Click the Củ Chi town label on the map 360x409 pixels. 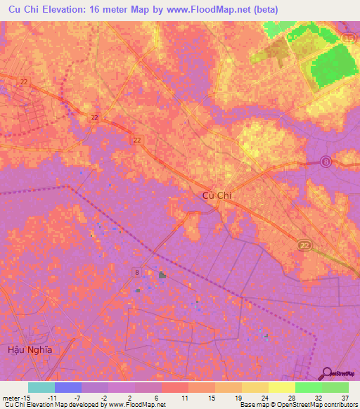coord(217,196)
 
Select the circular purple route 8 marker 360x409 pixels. coord(326,162)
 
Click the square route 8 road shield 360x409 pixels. coord(135,271)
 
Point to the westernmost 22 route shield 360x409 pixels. coord(24,82)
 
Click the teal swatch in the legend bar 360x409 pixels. coord(41,387)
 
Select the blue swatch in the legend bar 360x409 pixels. coord(68,387)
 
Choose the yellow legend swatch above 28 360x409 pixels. coord(282,387)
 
